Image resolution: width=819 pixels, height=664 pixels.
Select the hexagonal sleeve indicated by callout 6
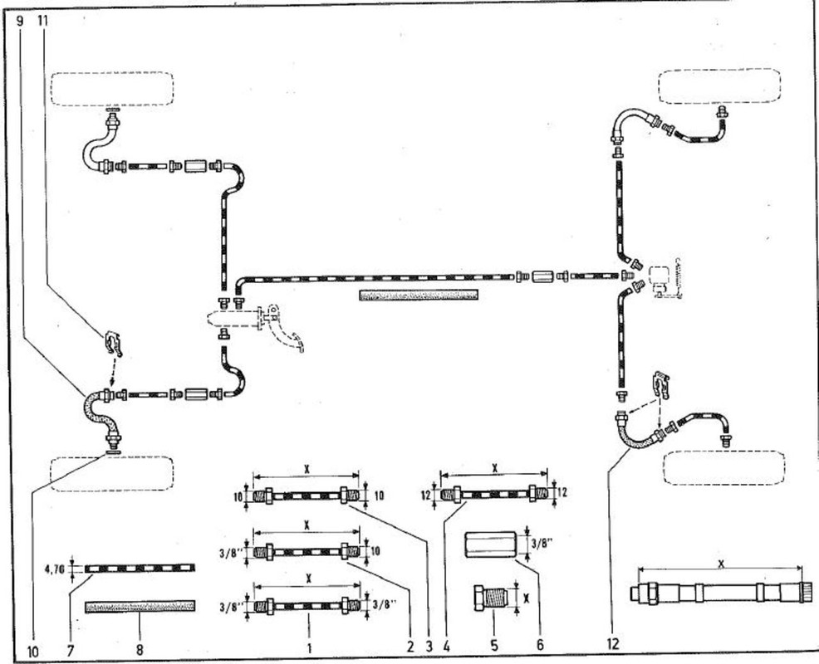(491, 544)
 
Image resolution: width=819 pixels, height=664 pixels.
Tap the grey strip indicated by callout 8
(140, 607)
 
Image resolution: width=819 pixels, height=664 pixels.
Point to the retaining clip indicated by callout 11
(112, 341)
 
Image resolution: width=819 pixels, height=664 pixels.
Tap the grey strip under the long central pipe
(419, 295)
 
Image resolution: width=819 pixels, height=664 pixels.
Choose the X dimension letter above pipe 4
(495, 468)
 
